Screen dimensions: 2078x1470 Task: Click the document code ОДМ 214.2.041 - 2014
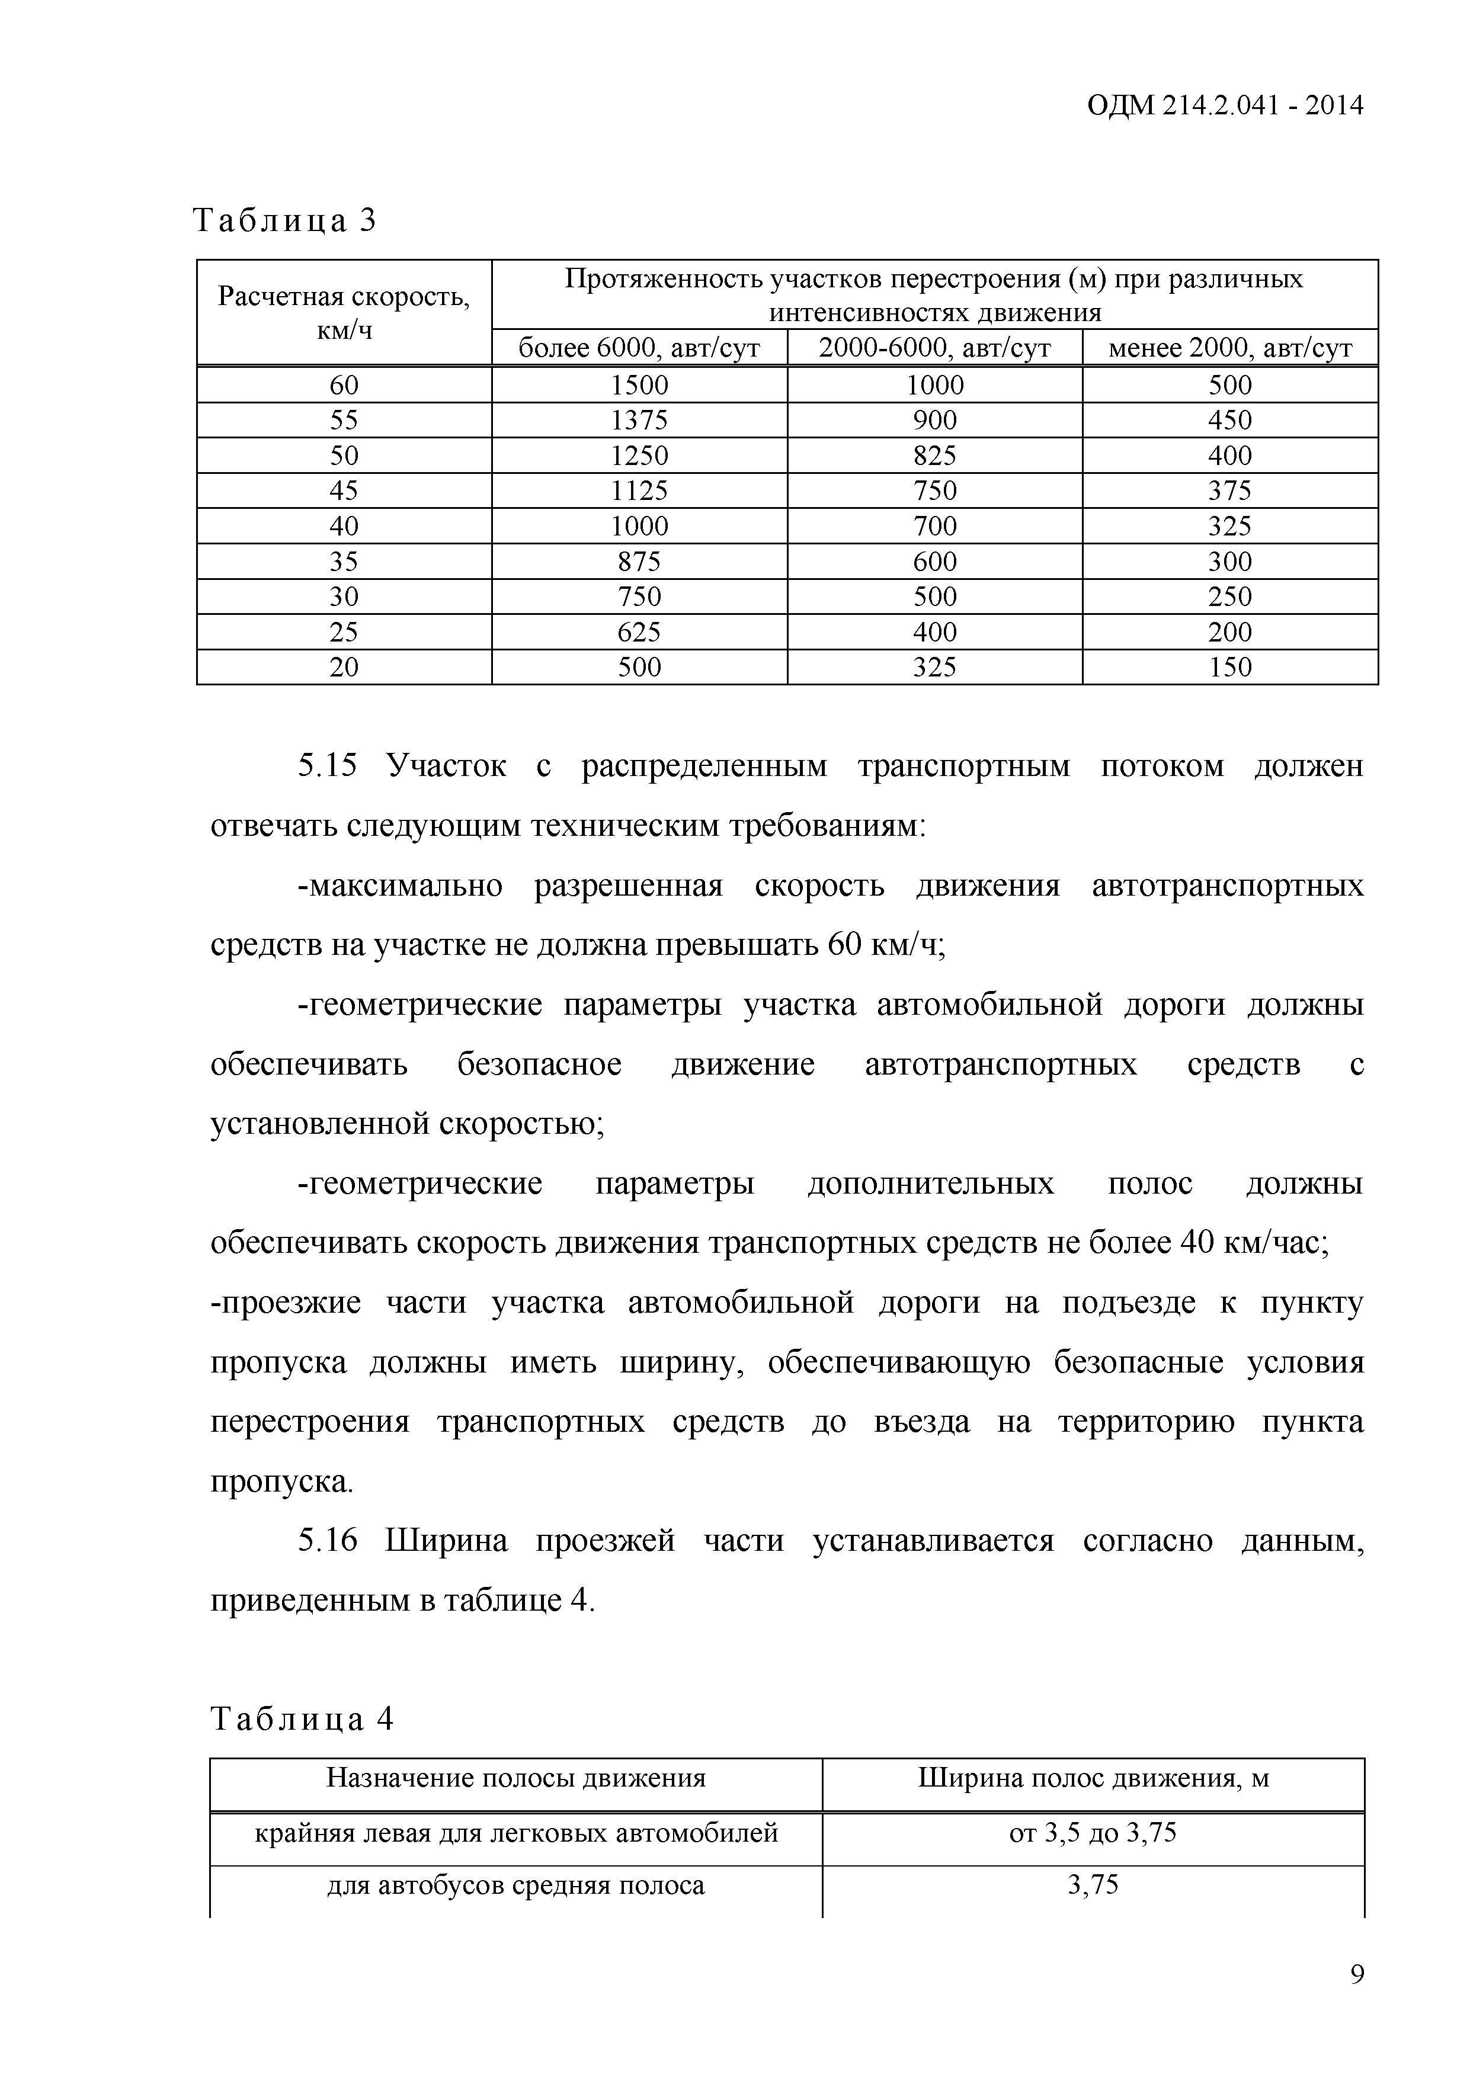pyautogui.click(x=1224, y=106)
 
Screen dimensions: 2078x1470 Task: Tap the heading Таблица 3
pyautogui.click(x=284, y=220)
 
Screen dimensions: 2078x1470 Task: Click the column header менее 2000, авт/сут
pyautogui.click(x=1229, y=348)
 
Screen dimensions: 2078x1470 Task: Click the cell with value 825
pyautogui.click(x=934, y=456)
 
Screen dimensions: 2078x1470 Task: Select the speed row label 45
pyautogui.click(x=344, y=490)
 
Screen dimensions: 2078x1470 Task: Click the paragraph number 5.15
pyautogui.click(x=328, y=767)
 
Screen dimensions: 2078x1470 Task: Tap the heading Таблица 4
pyautogui.click(x=302, y=1718)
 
